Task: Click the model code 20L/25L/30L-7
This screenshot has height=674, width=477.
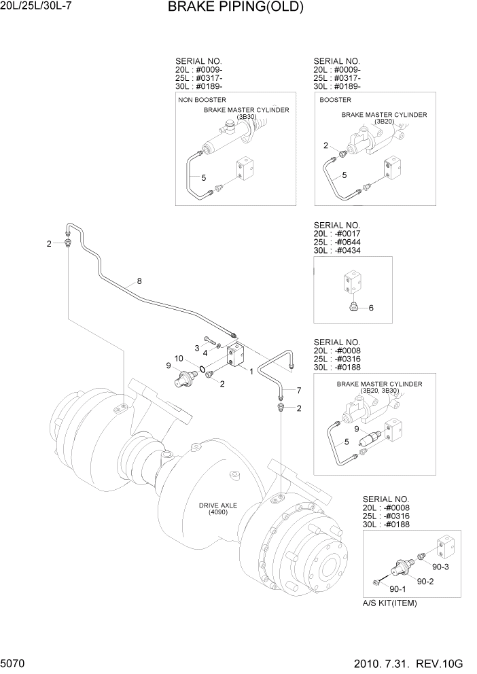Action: point(42,7)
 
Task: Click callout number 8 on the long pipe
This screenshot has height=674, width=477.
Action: point(139,281)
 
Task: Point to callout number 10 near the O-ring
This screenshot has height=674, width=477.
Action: point(179,358)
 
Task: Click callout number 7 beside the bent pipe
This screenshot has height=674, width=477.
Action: point(297,390)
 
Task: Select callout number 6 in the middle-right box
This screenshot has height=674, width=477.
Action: point(371,308)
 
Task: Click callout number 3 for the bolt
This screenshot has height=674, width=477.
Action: point(198,348)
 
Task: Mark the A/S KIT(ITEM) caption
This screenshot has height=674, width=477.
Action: point(391,603)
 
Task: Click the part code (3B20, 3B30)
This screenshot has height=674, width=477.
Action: point(380,391)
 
